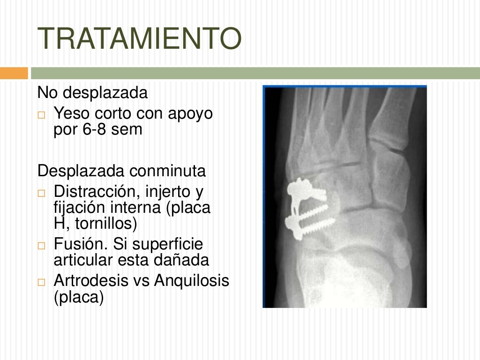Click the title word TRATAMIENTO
(x=139, y=39)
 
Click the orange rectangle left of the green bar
(x=14, y=73)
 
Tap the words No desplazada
(x=92, y=93)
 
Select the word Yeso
(x=72, y=113)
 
